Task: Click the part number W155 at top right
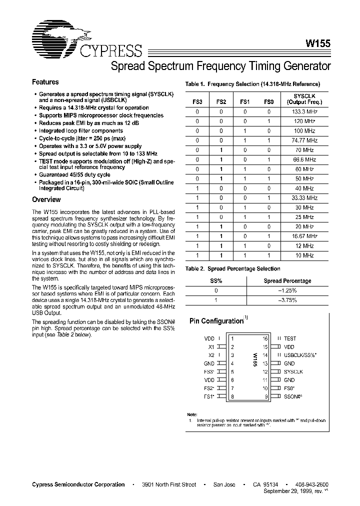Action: [317, 43]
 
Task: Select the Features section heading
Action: [45, 82]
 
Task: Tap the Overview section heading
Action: [46, 199]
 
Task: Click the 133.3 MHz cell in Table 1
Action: [304, 112]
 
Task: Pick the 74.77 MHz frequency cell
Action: [304, 140]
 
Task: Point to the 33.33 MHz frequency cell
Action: [304, 197]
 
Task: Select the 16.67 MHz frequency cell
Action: [304, 236]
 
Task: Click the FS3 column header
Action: [197, 102]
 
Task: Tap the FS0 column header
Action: [269, 102]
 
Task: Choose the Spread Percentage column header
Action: [287, 281]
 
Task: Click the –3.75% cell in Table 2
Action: [287, 300]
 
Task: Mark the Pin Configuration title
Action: [216, 321]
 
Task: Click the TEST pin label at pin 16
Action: [290, 338]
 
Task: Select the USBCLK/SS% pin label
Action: [299, 355]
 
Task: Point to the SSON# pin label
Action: [293, 396]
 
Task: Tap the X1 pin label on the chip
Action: [211, 346]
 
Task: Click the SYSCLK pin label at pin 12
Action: [293, 371]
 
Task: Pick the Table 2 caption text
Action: [232, 268]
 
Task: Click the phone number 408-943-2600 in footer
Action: [311, 484]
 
